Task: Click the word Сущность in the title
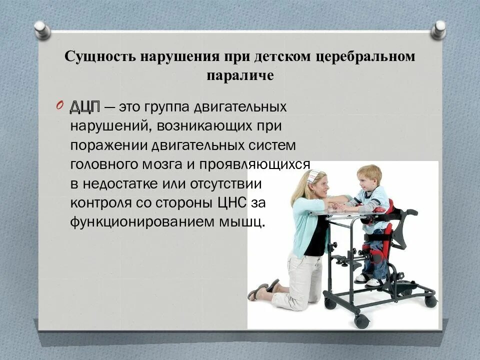(100, 56)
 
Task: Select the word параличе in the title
(240, 75)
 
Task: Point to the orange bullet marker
(59, 105)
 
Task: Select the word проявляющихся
(254, 164)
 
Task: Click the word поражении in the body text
(108, 145)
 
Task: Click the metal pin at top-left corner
(42, 30)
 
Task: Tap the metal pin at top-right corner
(438, 29)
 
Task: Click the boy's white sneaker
(376, 281)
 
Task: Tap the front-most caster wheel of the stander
(361, 321)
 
